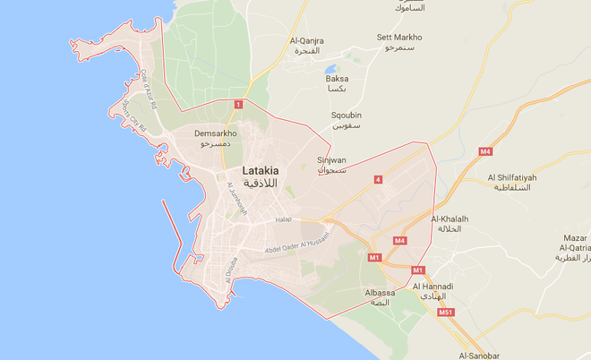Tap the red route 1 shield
pos(237,105)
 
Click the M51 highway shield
pos(445,313)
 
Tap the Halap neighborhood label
pos(284,219)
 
